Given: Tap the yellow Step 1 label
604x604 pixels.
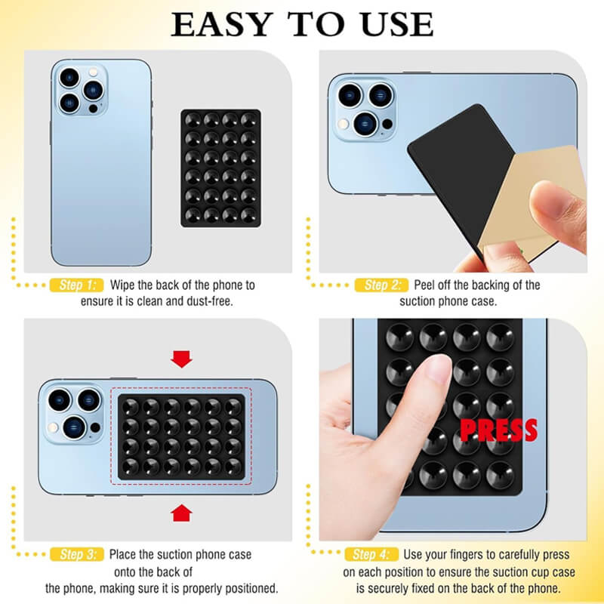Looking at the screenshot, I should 76,285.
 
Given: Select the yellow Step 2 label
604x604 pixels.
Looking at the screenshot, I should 382,285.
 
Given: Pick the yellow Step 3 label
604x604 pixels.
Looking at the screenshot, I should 76,554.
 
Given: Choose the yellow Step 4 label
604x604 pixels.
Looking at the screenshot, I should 371,554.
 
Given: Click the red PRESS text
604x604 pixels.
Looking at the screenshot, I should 498,430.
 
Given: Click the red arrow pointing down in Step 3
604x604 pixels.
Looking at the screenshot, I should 181,359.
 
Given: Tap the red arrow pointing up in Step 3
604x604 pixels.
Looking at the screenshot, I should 181,513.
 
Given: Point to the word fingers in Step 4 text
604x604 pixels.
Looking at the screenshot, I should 471,554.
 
